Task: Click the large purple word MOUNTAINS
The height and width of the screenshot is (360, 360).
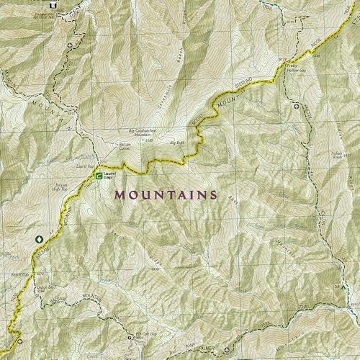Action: coord(166,194)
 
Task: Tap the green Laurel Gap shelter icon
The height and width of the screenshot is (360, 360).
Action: coord(99,175)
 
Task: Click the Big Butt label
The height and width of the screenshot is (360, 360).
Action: coord(176,143)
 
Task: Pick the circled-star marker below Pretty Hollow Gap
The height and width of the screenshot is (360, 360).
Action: coord(297,106)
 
